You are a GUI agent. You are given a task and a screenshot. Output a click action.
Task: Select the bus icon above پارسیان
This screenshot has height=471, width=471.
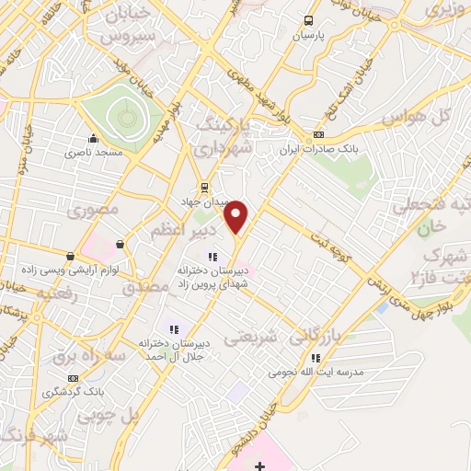(308, 20)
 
